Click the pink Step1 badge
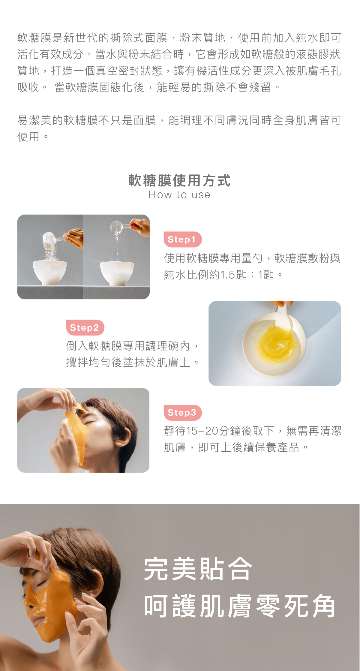tap(182, 239)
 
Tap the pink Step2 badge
tap(85, 327)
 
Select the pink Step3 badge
tap(182, 413)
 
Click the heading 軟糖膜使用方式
tap(179, 181)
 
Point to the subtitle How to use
tap(179, 195)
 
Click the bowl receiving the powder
tap(50, 272)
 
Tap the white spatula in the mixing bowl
tap(283, 318)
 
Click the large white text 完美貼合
tap(198, 569)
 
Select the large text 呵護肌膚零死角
tap(239, 606)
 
